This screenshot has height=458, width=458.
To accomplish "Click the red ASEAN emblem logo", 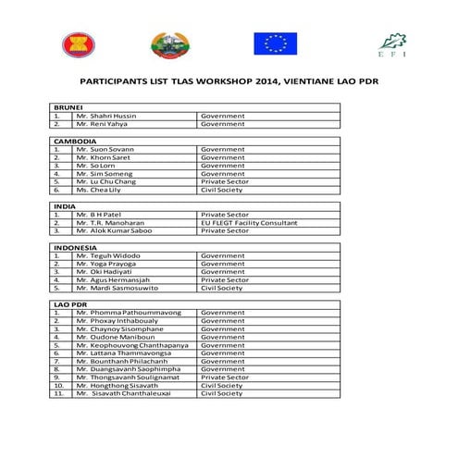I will [71, 43].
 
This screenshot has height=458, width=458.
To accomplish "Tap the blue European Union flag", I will [275, 43].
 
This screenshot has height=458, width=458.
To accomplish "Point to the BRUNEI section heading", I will [69, 107].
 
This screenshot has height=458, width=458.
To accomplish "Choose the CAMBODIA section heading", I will [75, 141].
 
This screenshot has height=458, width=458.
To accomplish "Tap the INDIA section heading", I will [65, 206].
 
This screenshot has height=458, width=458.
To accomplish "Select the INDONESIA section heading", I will [76, 247].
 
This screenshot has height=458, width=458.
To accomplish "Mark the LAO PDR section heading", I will [71, 303].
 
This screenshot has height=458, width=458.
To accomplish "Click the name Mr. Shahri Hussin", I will [106, 116].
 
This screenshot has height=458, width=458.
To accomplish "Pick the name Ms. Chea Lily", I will [99, 190].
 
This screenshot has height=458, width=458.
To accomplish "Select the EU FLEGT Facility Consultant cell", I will [249, 222].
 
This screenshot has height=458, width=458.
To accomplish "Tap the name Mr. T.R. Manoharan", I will [111, 222].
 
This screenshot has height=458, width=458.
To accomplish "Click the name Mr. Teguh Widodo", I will [108, 255].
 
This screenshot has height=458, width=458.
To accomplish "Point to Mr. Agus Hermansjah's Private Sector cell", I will [225, 279].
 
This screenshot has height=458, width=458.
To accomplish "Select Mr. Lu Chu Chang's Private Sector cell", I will [225, 181].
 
